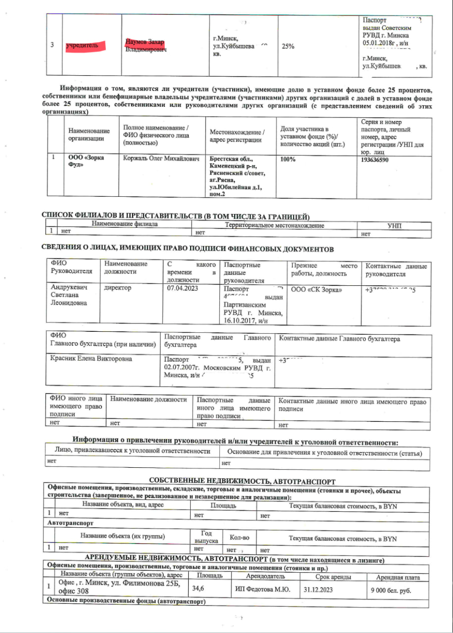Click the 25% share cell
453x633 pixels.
(x=288, y=46)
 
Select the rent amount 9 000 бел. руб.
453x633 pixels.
(x=391, y=590)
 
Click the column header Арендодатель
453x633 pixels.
(x=265, y=577)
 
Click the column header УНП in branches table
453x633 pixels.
(x=394, y=226)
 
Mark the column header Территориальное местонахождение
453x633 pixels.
(x=274, y=226)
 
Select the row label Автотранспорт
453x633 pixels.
(x=71, y=523)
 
